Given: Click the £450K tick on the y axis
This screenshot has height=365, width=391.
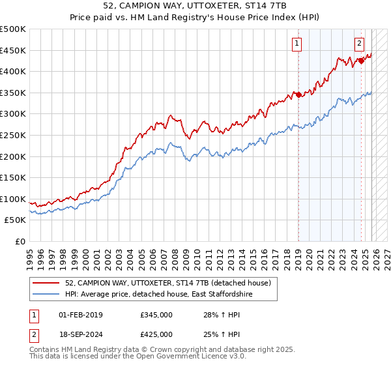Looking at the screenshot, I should tap(13, 50).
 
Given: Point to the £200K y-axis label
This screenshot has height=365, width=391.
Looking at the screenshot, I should tap(13, 156).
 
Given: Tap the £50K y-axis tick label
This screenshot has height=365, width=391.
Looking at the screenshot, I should tap(16, 220).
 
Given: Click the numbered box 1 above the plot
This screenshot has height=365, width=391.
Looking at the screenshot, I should tap(297, 44).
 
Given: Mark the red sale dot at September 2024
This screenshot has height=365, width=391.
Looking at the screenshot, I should tap(361, 61).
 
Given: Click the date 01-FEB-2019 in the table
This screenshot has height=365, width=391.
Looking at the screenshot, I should tap(81, 315).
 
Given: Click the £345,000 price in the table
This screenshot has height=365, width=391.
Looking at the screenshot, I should tap(156, 315).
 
